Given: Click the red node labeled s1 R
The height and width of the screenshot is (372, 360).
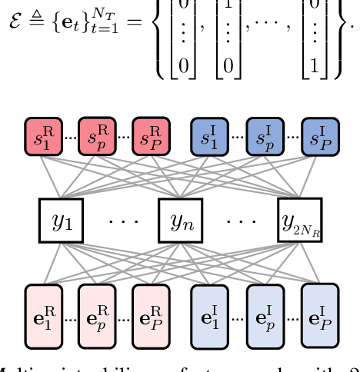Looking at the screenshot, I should pos(44,138).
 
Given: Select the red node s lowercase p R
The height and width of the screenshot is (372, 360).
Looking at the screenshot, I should pos(98,138).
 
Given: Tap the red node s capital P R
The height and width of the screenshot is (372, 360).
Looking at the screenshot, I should pos(151,138).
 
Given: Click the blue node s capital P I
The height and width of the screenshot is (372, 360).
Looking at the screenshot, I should pos(319,138).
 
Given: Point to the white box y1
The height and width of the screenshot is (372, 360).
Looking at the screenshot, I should pos(59,221).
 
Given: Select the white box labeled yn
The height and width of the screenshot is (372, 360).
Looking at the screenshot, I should pos(179,221).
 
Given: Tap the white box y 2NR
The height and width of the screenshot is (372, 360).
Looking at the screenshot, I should pos(300,221).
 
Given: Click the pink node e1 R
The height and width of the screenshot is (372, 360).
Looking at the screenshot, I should pos(44,314).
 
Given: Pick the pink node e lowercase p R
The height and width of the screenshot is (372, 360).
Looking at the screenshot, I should pos(98,314).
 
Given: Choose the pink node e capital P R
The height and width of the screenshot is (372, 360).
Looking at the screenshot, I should pos(151,314).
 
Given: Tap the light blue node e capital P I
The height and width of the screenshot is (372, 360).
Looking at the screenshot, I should pos(319,314).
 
